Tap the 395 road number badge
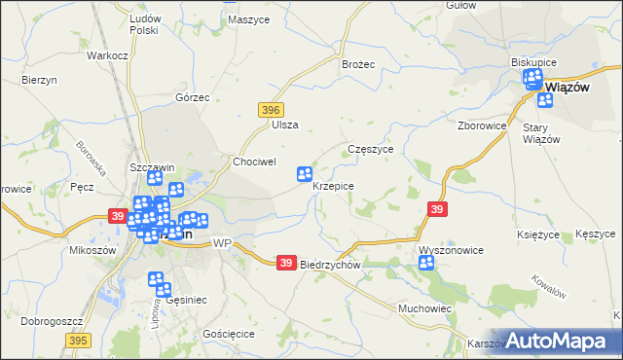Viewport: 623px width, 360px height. pos(79,340)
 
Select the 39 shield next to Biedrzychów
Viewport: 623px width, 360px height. pos(285,263)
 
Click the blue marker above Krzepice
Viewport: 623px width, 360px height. pos(305,174)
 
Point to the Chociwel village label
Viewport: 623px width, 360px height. pos(255,161)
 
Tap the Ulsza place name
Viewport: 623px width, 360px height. pos(285,125)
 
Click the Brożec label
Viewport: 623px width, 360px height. pos(358,63)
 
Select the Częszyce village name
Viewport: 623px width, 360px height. pos(370,150)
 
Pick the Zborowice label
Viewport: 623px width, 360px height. pos(482,126)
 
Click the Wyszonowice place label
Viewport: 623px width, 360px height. pos(451,250)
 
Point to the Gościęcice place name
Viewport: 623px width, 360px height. pos(228,333)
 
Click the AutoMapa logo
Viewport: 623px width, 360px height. pos(559,341)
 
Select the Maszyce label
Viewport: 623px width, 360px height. pos(245,19)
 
